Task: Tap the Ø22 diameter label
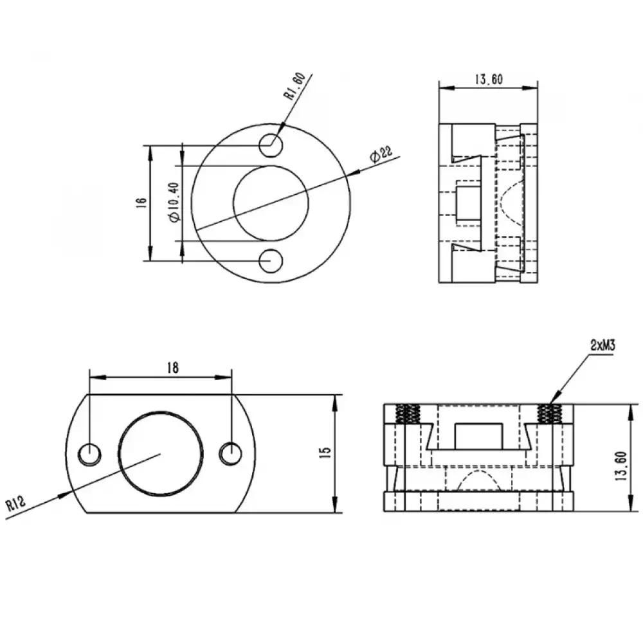(380, 154)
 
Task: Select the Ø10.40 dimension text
(172, 202)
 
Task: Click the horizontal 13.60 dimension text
(488, 80)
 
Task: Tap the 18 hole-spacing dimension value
(172, 367)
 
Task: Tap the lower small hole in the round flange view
(271, 260)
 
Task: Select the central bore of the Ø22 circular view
(271, 203)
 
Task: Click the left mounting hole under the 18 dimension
(89, 453)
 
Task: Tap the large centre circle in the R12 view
(161, 453)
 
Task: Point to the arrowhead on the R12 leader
(65, 493)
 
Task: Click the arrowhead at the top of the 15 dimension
(335, 400)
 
